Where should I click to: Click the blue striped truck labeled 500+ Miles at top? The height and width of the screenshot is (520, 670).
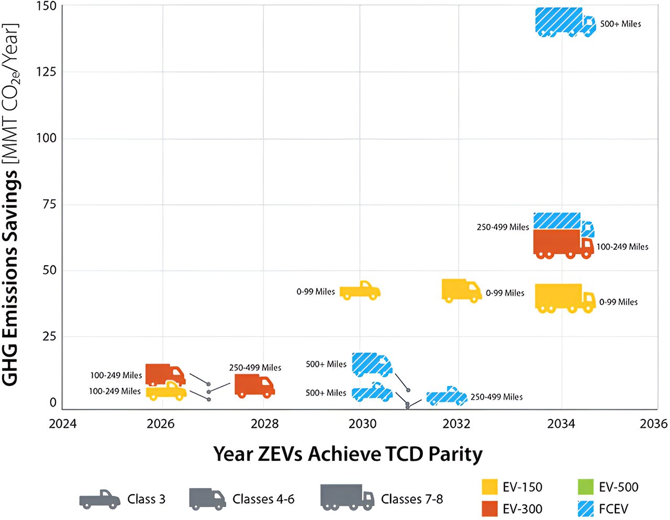click(564, 22)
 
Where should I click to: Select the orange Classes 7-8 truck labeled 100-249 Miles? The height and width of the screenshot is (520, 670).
click(563, 244)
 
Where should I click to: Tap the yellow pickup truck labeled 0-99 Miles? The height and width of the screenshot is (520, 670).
click(360, 290)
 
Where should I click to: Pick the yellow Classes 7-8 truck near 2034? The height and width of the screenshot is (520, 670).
click(564, 298)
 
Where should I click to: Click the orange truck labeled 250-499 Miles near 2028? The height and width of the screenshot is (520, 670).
click(254, 386)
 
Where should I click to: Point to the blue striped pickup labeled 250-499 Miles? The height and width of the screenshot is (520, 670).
click(446, 397)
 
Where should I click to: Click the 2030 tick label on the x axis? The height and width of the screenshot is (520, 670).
click(362, 423)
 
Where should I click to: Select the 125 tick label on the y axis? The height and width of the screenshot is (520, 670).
click(46, 72)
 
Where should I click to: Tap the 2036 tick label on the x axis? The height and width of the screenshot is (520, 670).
click(653, 423)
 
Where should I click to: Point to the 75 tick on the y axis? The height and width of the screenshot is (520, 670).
click(49, 204)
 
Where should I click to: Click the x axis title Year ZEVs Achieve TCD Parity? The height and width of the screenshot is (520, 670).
click(348, 454)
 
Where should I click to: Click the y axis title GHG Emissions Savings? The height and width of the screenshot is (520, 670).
click(12, 204)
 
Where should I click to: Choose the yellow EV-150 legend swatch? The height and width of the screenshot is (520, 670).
click(489, 487)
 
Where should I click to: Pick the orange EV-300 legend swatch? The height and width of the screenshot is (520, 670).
click(489, 508)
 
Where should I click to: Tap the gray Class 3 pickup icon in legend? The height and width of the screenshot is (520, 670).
click(99, 500)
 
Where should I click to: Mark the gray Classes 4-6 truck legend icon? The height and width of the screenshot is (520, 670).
click(207, 499)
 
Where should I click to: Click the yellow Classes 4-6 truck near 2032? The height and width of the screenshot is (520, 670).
click(461, 290)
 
